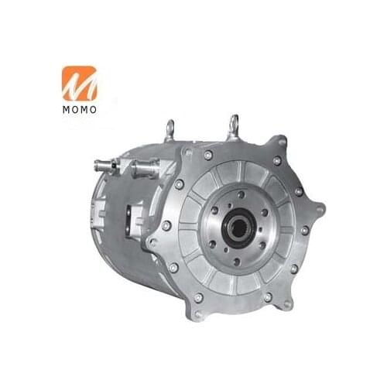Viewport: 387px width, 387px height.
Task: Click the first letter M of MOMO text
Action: point(65,109)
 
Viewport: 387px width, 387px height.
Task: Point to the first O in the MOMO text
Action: point(75,109)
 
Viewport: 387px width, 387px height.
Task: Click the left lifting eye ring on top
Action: point(170,129)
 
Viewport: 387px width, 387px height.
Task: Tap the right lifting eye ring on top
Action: point(232,124)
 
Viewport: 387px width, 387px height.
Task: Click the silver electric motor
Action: point(209,224)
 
